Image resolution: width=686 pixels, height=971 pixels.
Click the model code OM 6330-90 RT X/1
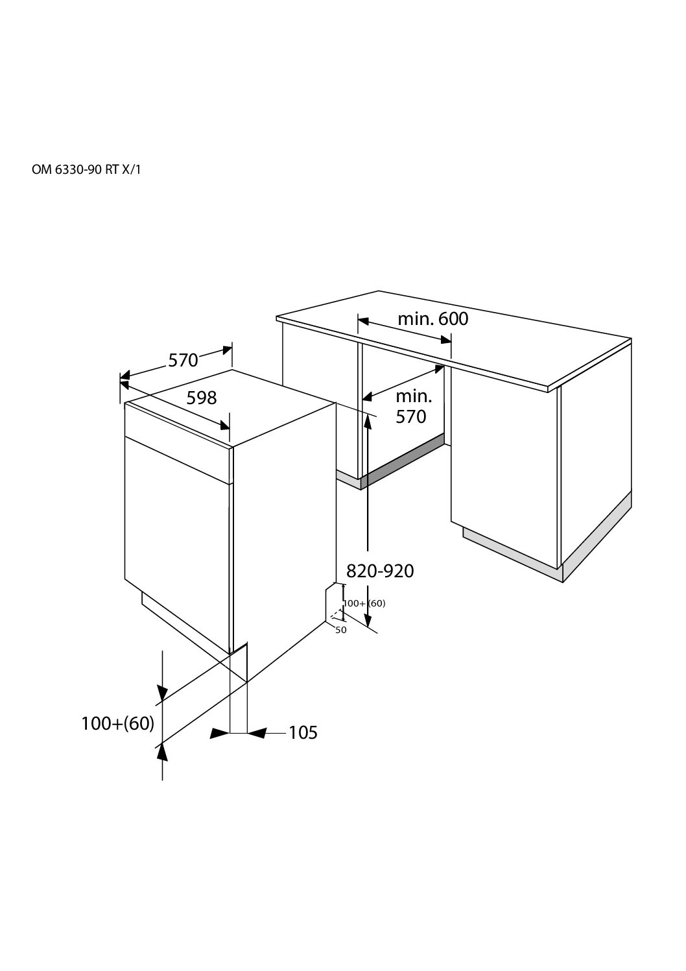pos(86,169)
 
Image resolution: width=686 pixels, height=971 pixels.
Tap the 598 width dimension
pos(202,398)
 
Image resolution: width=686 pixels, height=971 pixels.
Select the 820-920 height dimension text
pos(380,571)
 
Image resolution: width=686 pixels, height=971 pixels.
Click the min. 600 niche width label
pos(433,319)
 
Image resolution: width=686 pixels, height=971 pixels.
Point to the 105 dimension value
pos(303,732)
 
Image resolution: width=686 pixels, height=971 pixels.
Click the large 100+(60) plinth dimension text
pos(118,723)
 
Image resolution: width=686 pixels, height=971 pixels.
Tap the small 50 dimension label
pos(341,630)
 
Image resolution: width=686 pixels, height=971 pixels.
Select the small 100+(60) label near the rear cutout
pos(364,603)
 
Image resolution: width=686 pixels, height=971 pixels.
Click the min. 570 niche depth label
pos(414,407)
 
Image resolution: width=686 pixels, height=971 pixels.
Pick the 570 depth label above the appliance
pos(183,361)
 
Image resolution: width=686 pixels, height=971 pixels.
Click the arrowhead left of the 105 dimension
pos(219,733)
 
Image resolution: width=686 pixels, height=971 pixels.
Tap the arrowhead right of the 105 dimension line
pos(257,733)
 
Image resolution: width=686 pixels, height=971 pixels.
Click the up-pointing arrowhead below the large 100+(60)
pos(162,753)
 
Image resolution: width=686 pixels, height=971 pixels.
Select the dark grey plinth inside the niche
pos(402,462)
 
